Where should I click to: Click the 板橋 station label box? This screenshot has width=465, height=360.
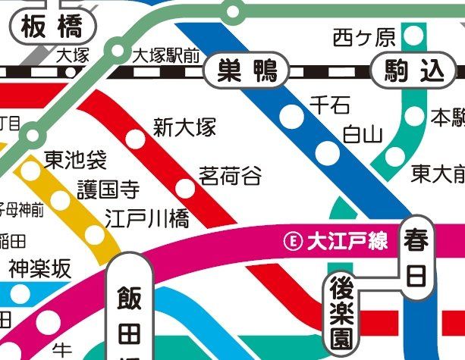coord(52,28)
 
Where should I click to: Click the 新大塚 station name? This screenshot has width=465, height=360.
coord(184,127)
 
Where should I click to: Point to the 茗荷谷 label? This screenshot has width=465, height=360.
coord(230,177)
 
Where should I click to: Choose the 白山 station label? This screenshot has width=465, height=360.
coord(362,135)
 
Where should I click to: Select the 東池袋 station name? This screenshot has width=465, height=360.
coord(75,161)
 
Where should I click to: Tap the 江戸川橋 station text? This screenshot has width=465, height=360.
coord(147,218)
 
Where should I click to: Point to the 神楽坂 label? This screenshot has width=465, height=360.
coord(39,268)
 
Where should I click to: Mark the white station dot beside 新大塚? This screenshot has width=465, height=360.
coord(134,139)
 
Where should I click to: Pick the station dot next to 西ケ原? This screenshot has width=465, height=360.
coord(413,35)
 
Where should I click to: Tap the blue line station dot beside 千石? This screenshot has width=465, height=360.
coord(291,116)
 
